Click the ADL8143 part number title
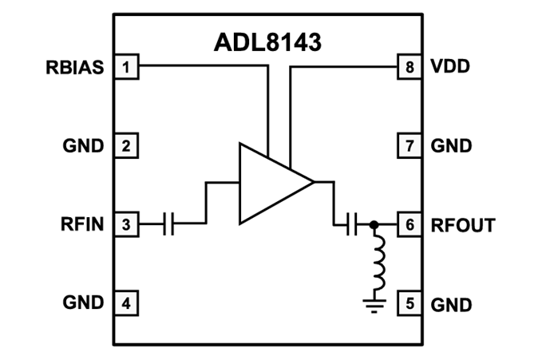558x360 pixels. tap(267, 42)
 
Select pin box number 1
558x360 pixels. tap(126, 67)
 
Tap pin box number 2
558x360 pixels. tap(126, 146)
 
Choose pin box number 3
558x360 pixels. tap(126, 225)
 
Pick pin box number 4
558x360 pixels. tap(126, 303)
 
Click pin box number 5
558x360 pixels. tap(409, 303)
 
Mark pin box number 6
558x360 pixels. tap(409, 225)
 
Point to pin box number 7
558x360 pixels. tap(409, 146)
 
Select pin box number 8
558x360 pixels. tap(409, 67)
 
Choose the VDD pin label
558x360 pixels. tap(450, 67)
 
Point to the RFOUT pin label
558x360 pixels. tap(462, 225)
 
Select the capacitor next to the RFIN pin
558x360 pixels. tap(168, 225)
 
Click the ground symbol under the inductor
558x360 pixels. tap(374, 303)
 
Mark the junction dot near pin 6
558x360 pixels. tap(374, 225)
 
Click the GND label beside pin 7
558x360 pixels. tap(451, 146)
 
